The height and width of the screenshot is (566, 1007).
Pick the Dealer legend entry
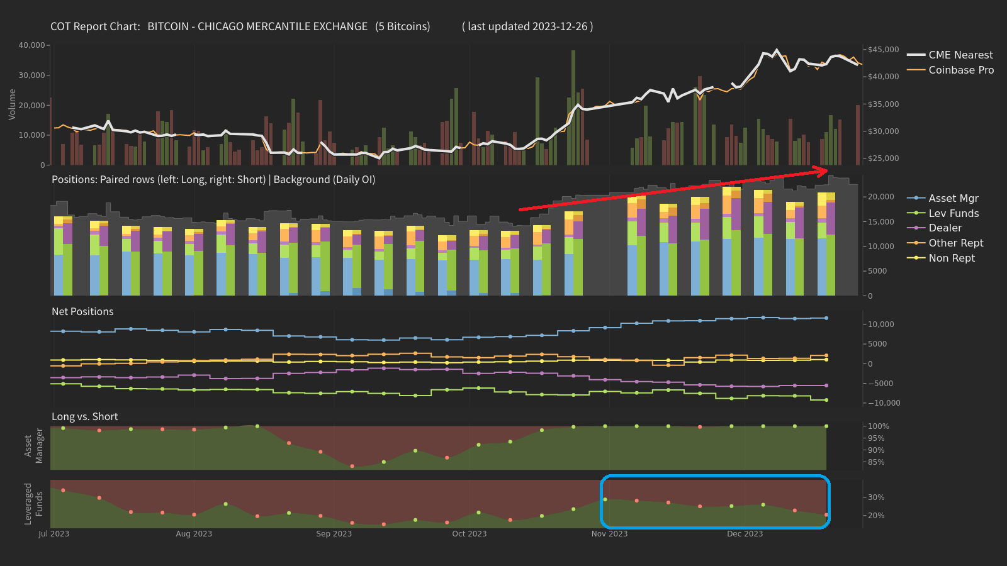[x=945, y=228]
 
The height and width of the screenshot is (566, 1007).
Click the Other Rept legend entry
[x=955, y=243]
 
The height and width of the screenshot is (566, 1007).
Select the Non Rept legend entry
[x=952, y=258]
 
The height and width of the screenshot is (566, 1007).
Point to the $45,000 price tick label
[x=884, y=50]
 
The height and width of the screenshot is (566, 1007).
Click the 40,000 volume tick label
[x=31, y=45]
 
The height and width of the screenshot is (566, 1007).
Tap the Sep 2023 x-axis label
[x=334, y=534]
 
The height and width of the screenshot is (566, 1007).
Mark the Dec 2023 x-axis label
[x=745, y=534]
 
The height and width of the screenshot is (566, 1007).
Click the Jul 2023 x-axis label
[x=53, y=534]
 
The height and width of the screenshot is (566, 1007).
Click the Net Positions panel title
[x=82, y=311]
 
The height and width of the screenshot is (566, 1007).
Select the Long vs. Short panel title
[x=84, y=416]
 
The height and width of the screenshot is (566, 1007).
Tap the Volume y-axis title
[x=12, y=104]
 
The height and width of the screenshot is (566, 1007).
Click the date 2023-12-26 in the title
[x=560, y=26]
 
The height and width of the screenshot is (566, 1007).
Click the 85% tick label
[x=876, y=462]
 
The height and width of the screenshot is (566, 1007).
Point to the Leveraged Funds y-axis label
[x=33, y=504]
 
